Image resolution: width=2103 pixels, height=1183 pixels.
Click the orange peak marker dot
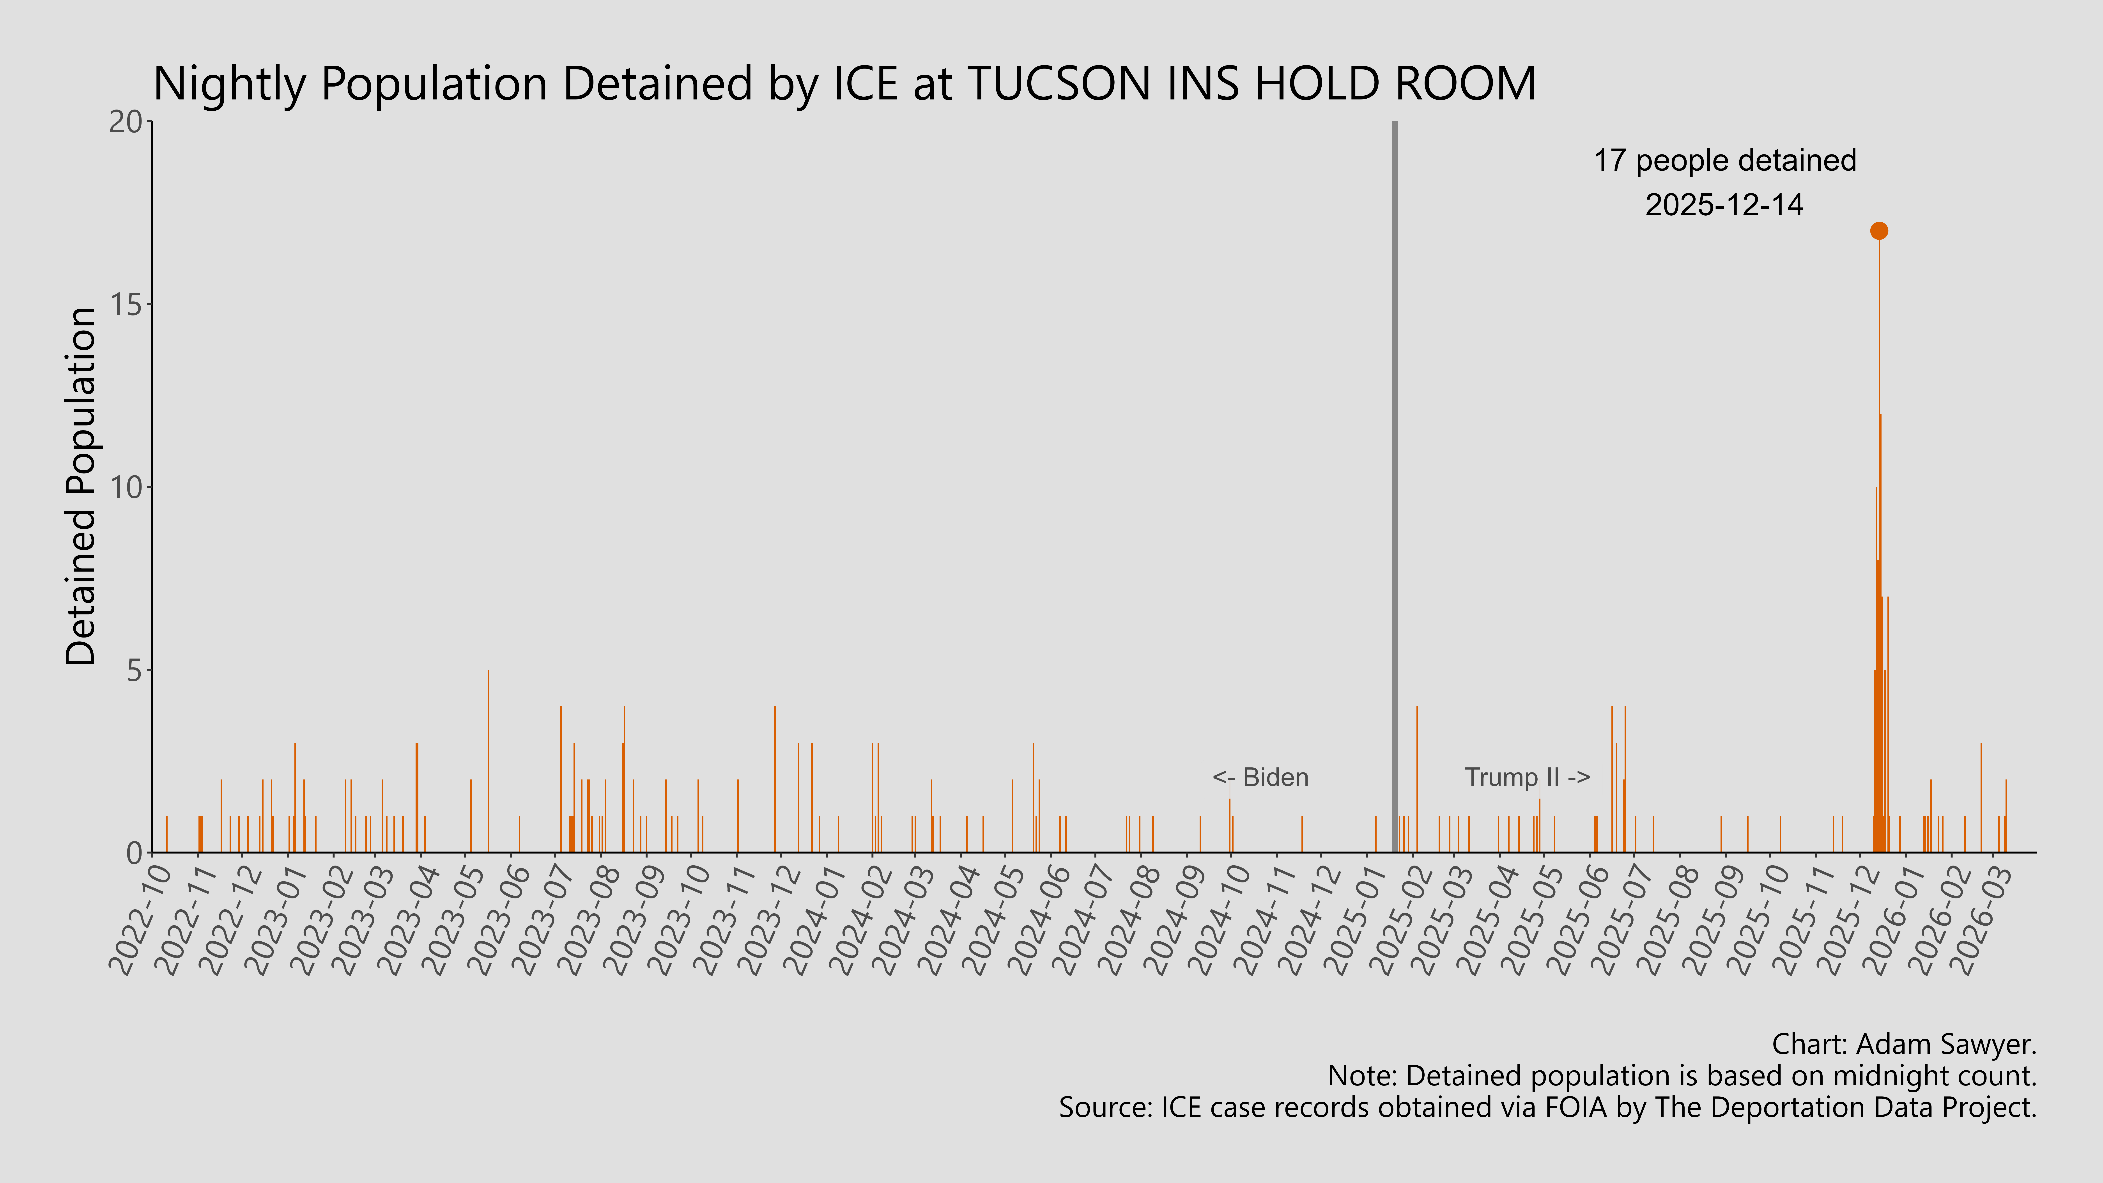click(1878, 231)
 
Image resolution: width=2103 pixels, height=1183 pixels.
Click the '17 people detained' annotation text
click(1724, 161)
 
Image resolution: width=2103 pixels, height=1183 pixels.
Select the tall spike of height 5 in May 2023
click(488, 759)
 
